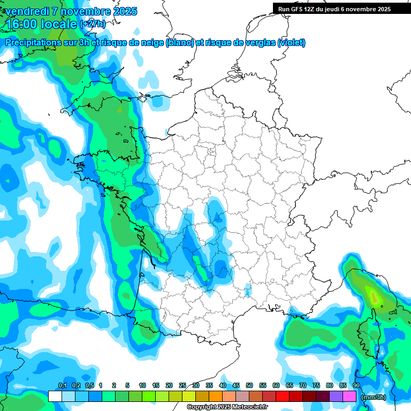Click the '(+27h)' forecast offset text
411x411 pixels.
tap(93, 24)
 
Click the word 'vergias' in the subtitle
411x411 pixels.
tap(256, 43)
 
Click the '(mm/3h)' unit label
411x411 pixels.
tap(373, 397)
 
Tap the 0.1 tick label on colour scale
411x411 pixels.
tap(62, 386)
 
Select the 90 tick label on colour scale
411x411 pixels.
tap(356, 386)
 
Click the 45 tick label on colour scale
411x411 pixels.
tap(236, 386)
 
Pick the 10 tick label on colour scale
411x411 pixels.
tap(142, 386)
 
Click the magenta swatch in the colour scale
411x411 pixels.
tap(349, 397)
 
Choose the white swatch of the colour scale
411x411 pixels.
tap(55, 397)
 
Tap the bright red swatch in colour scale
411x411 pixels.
tap(283, 397)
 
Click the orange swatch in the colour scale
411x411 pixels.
tap(216, 397)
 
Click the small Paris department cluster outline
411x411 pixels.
tap(212, 153)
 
